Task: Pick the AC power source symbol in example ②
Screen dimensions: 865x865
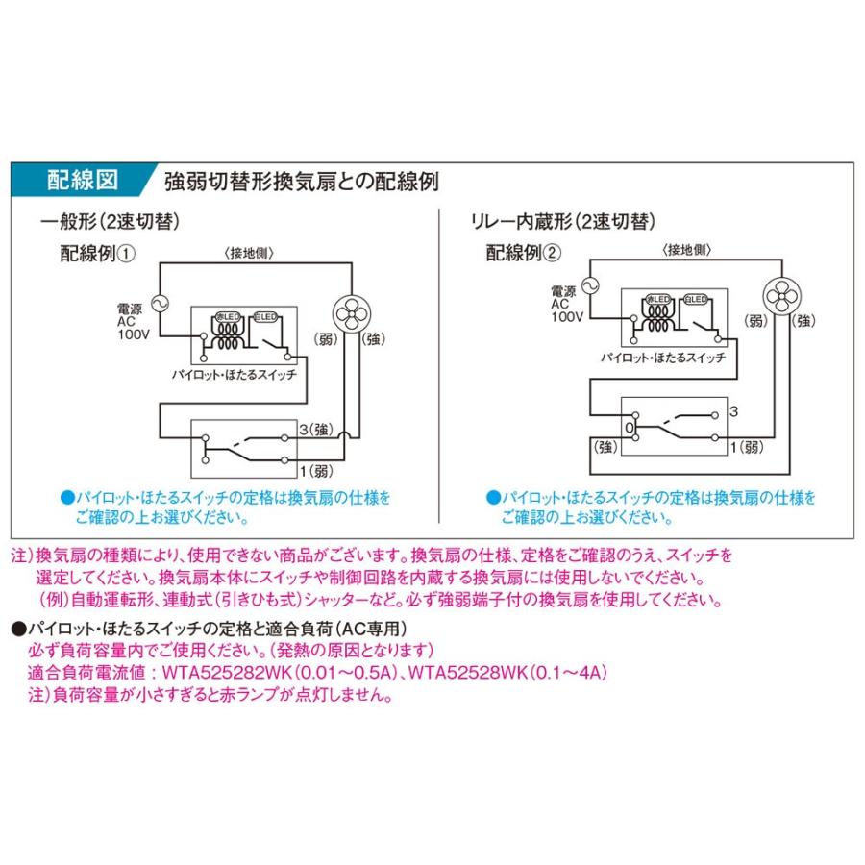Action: (589, 284)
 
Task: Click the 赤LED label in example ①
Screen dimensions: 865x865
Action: (227, 315)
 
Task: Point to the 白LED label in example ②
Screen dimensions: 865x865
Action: (698, 299)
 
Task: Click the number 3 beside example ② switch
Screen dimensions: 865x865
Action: (733, 411)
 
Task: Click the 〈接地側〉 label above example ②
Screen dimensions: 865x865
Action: (686, 249)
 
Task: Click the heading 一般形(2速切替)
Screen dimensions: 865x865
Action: (111, 222)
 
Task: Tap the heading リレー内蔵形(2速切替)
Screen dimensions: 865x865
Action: (562, 222)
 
